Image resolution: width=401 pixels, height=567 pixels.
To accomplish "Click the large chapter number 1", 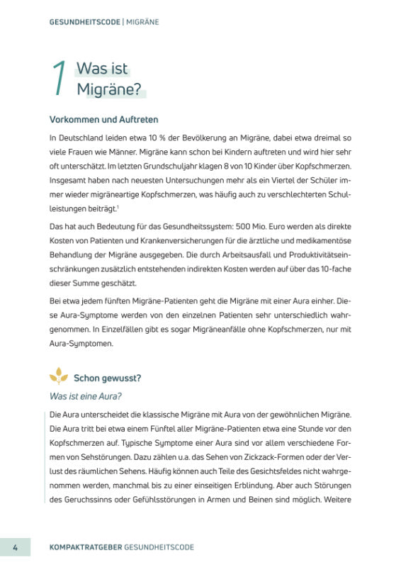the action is [x=60, y=79].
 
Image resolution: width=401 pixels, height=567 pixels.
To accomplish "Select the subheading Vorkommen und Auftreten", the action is [x=103, y=120].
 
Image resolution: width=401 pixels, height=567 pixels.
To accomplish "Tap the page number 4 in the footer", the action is [x=15, y=547].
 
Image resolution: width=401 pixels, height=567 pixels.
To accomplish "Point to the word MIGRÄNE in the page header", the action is [x=142, y=22].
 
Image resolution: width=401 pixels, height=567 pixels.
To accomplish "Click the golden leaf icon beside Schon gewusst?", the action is [x=59, y=377].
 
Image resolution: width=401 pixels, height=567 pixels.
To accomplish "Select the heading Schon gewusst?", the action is [x=107, y=378].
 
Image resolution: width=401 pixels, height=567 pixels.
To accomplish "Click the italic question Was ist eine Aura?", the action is [x=90, y=396].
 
